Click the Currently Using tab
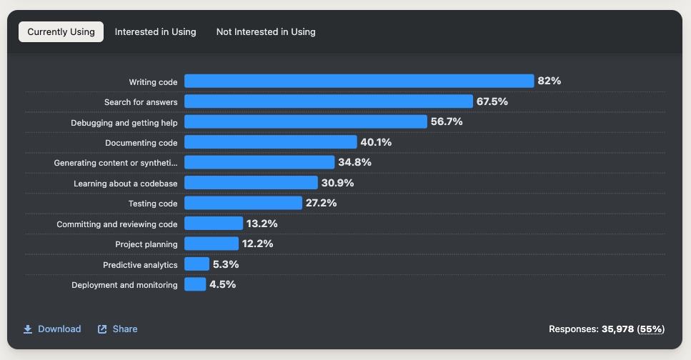61,32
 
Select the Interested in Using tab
155,32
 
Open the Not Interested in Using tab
266,32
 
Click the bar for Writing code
359,81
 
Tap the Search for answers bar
328,101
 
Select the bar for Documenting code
270,142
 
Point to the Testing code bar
243,203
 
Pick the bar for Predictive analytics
197,264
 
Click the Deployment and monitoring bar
195,284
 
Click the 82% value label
550,81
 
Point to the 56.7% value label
447,122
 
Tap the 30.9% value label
337,183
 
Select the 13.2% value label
262,224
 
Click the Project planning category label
146,244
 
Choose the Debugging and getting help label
124,123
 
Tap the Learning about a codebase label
126,184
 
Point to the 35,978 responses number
617,329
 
